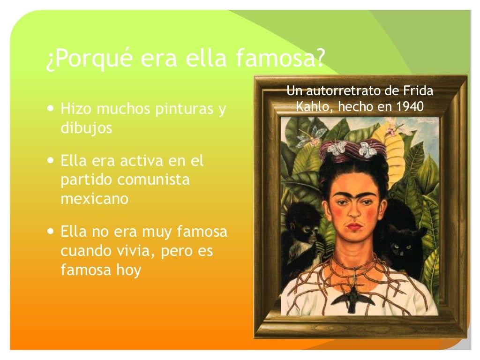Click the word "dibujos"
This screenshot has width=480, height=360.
coord(86,128)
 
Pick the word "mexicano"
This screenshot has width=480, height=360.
coord(94,198)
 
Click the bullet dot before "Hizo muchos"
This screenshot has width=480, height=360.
coord(51,109)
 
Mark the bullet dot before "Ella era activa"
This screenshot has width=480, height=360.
coord(51,161)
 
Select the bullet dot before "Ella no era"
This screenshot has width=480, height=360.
coord(51,231)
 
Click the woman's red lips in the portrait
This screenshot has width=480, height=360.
coord(354,227)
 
